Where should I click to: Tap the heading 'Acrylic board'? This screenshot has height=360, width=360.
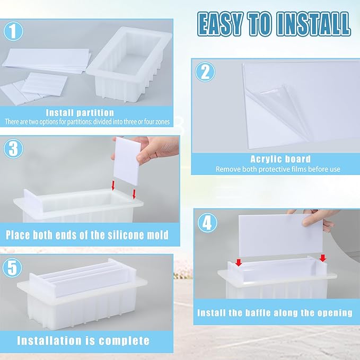coord(280,159)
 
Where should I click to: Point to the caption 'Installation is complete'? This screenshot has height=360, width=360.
coord(83,340)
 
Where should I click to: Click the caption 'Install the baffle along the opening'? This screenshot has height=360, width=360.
coord(275,313)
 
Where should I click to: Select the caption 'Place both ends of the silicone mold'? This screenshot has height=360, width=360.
coord(87,235)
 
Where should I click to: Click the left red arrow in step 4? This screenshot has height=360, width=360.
coord(238,262)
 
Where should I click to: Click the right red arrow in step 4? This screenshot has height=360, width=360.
coord(323,259)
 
